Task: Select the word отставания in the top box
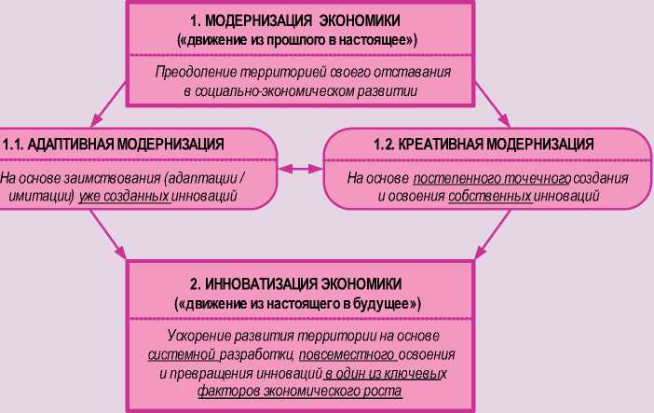pos(414,73)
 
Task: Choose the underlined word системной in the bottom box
pos(182,356)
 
